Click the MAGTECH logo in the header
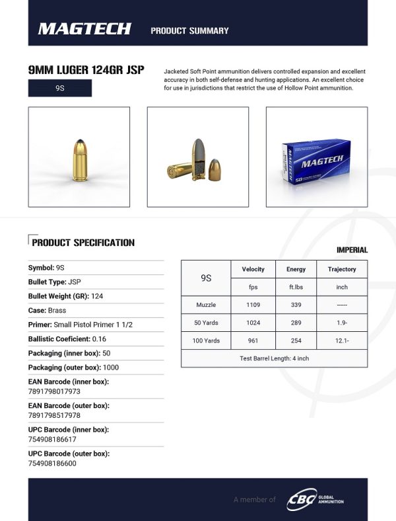pyautogui.click(x=84, y=28)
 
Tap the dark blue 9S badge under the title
pyautogui.click(x=60, y=89)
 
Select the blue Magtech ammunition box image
pyautogui.click(x=316, y=163)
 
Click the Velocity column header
pyautogui.click(x=253, y=269)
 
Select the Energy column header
pyautogui.click(x=296, y=269)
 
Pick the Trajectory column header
pyautogui.click(x=342, y=269)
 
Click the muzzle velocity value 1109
pyautogui.click(x=253, y=305)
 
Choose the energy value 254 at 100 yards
pyautogui.click(x=296, y=341)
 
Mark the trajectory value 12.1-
pyautogui.click(x=342, y=341)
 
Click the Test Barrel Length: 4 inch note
pyautogui.click(x=274, y=358)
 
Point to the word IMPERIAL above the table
pyautogui.click(x=352, y=250)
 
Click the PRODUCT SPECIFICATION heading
pyautogui.click(x=83, y=243)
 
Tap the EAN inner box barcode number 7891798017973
pyautogui.click(x=54, y=391)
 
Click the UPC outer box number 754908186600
pyautogui.click(x=52, y=463)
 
